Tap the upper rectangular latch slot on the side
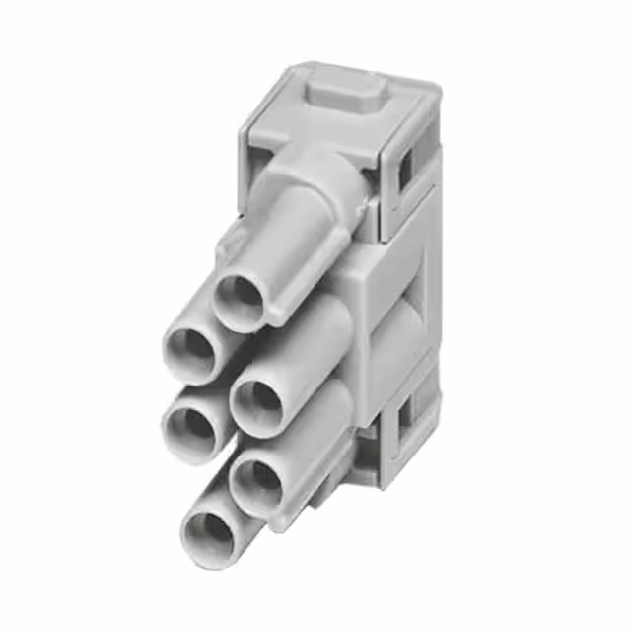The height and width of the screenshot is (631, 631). click(404, 174)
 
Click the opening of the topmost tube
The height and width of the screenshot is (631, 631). click(240, 299)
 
